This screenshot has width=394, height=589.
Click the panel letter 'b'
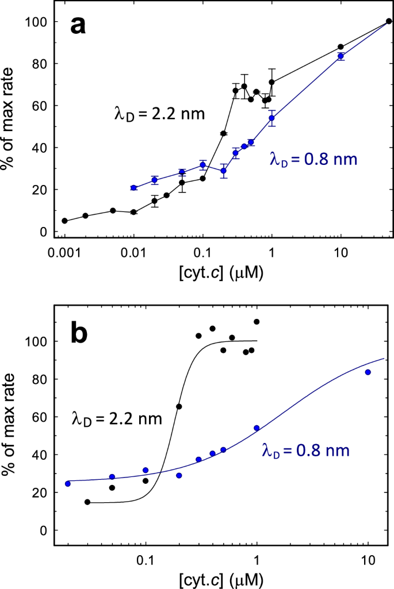tap(79, 334)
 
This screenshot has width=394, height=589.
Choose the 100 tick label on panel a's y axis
tap(36, 22)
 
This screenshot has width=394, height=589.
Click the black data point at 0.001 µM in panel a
tap(64, 221)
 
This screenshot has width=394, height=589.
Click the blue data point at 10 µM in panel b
tap(368, 372)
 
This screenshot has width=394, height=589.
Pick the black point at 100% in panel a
tap(389, 21)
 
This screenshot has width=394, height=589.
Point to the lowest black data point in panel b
tap(87, 502)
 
